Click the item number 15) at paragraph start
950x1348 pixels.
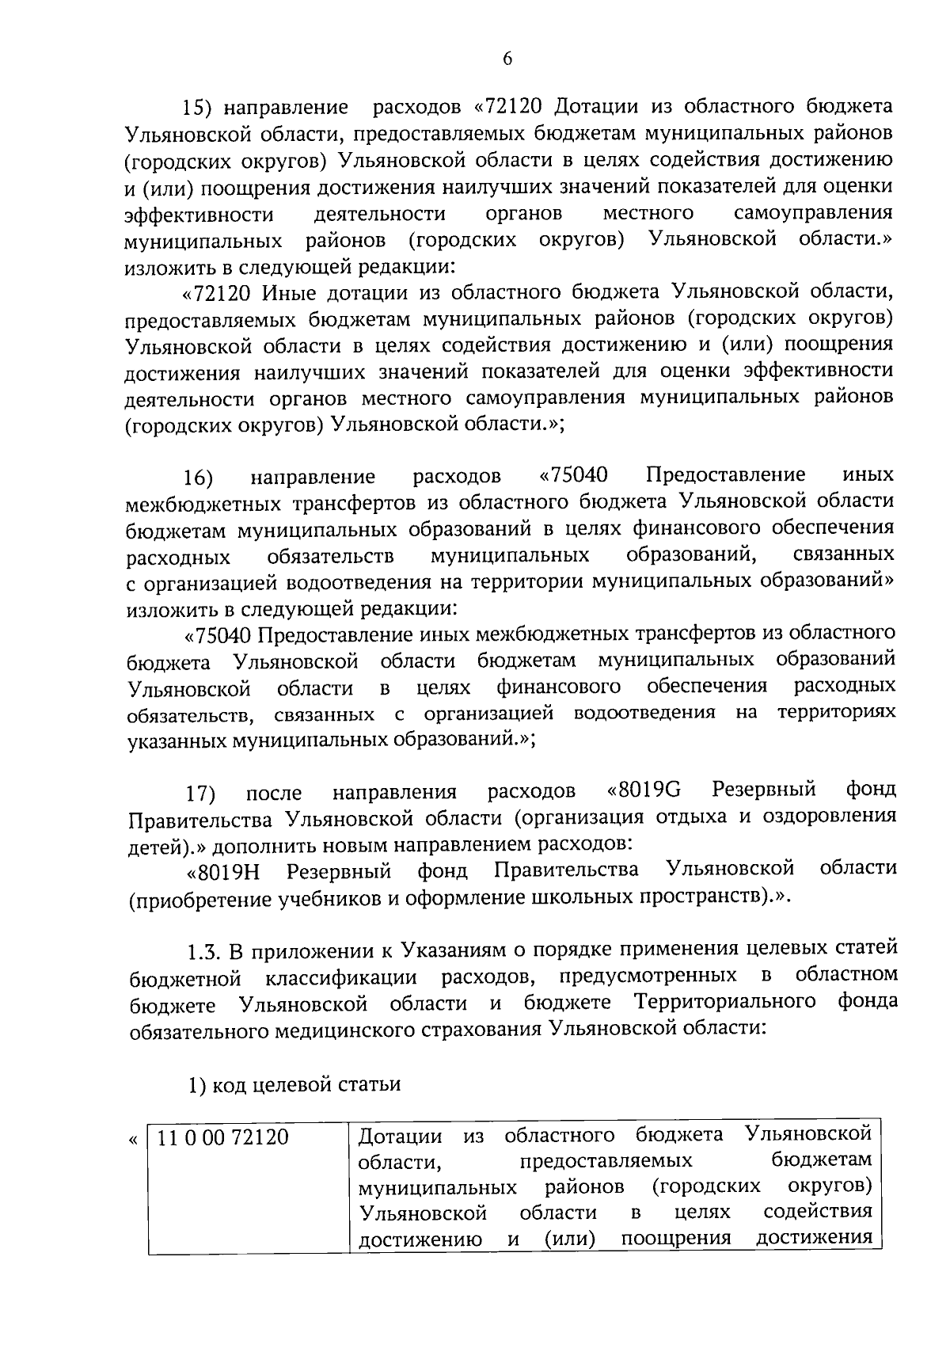pos(199,107)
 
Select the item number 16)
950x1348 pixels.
pos(199,478)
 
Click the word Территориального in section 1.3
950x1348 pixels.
pos(724,1002)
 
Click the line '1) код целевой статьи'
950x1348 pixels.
pos(293,1084)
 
